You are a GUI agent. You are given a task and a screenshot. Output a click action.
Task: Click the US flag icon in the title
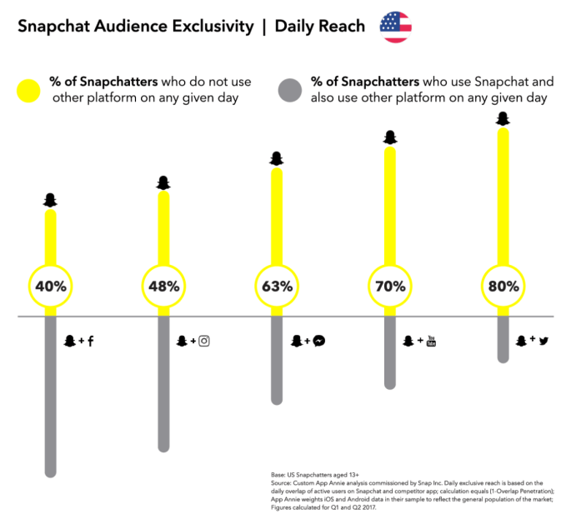tap(395, 27)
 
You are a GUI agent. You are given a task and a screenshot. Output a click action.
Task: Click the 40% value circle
tap(51, 286)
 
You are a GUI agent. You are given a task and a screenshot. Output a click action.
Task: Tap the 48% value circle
tap(163, 286)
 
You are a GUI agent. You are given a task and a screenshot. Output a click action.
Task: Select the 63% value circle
tap(277, 286)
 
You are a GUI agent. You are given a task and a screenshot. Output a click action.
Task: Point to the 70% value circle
tap(389, 286)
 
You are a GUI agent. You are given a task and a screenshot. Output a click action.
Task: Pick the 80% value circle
tap(503, 286)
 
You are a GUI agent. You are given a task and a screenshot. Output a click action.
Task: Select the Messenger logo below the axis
tap(318, 341)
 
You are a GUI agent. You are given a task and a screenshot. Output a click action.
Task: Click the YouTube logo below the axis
tap(431, 341)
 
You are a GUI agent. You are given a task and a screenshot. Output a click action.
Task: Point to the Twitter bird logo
tap(543, 341)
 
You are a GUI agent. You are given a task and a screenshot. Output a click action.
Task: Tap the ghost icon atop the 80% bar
tap(503, 119)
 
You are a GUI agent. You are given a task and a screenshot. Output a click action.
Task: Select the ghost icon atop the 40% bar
tap(51, 200)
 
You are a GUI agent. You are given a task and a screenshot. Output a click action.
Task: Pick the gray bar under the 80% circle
tap(503, 337)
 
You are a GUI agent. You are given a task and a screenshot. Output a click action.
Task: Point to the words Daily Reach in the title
tap(320, 27)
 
